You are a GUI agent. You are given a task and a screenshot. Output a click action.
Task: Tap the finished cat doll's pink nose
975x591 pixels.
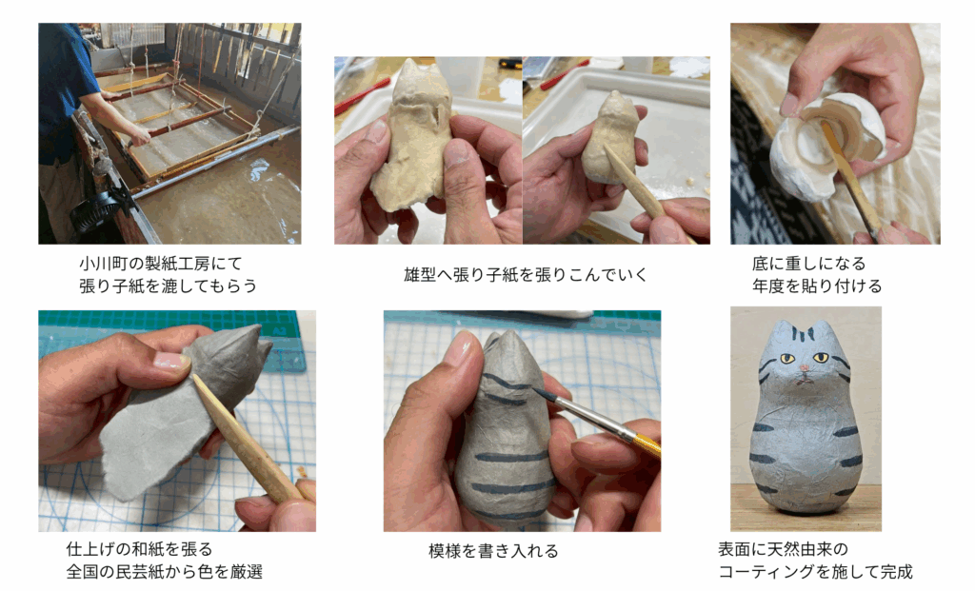point(805,369)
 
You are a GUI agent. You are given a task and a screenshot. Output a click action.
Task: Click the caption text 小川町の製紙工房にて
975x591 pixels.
point(160,264)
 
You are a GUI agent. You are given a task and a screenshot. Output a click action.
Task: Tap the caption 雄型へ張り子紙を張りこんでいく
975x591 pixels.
point(526,274)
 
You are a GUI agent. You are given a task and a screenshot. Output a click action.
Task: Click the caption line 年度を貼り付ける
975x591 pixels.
point(816,286)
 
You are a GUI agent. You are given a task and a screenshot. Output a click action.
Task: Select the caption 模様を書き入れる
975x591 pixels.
point(493,551)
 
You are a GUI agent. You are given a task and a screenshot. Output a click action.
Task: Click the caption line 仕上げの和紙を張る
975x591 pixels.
point(139,549)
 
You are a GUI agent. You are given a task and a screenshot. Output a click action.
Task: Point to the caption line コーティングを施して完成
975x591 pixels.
point(815,571)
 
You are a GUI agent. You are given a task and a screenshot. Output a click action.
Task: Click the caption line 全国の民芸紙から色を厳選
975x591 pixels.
point(164,571)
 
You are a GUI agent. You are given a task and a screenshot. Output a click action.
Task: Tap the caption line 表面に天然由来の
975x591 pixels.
point(783,549)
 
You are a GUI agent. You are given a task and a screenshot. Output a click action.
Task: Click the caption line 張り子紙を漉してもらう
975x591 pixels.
point(168,286)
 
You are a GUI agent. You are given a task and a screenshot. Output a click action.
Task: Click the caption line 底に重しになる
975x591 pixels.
point(808,264)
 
